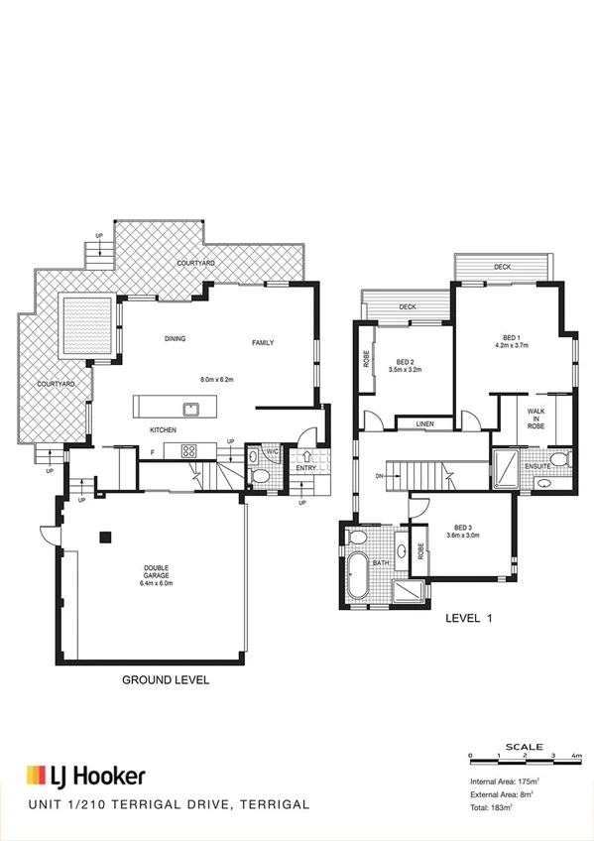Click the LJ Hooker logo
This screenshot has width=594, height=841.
pyautogui.click(x=85, y=776)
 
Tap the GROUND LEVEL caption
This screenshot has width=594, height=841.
pyautogui.click(x=166, y=682)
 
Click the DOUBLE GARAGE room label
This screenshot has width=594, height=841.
pyautogui.click(x=157, y=575)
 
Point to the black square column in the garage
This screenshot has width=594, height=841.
pyautogui.click(x=104, y=538)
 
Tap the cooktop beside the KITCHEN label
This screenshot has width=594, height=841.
pyautogui.click(x=187, y=451)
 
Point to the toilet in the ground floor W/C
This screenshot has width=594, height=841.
pyautogui.click(x=261, y=476)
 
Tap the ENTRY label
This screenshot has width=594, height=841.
pyautogui.click(x=305, y=468)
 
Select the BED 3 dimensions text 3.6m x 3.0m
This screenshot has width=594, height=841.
pyautogui.click(x=462, y=536)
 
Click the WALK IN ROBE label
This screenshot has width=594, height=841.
pyautogui.click(x=536, y=416)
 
